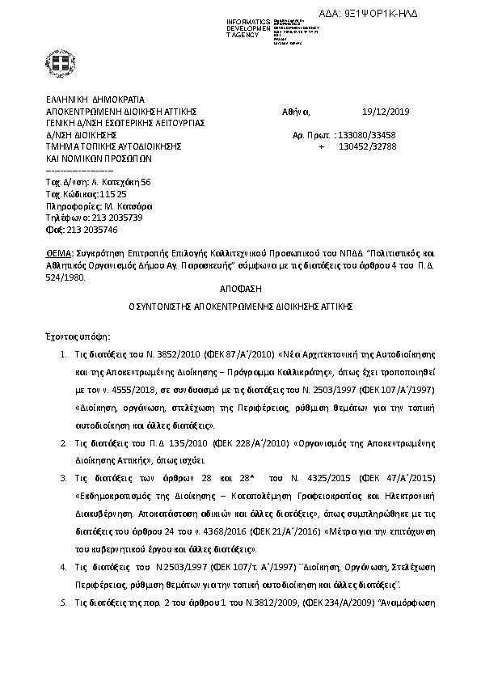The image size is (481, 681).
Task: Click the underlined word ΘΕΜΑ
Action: (58, 253)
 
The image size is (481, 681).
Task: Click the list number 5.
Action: (64, 603)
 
